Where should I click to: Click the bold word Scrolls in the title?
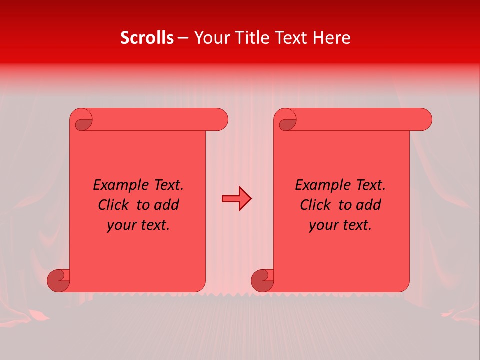pos(147,38)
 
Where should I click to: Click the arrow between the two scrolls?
pos(236,199)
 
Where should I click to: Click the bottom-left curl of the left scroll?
pos(58,281)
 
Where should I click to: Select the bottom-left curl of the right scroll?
pos(262,281)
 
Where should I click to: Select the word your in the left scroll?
pos(120,225)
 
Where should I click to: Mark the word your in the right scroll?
pos(322,225)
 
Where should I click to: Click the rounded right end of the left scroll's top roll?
pos(220,119)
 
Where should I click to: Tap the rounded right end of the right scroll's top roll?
pos(424,119)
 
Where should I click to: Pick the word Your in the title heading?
pos(209,38)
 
